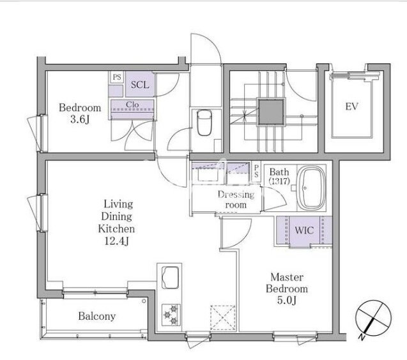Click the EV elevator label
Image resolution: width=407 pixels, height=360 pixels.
coord(351,107)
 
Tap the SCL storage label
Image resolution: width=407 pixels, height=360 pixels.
coord(140,85)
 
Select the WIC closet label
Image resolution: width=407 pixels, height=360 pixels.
coord(304,230)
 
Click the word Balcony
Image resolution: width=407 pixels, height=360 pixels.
coord(97,316)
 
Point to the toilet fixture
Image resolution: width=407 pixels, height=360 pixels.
coord(204,123)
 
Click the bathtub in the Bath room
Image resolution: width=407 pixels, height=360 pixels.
coord(311,188)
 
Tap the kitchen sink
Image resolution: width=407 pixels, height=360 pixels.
coord(170,277)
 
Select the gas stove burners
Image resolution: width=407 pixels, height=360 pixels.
coord(171,315)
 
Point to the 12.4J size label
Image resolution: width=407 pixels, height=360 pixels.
coord(116,241)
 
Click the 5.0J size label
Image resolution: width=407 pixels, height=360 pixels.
coord(287,301)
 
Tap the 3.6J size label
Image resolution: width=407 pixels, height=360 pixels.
coord(80,119)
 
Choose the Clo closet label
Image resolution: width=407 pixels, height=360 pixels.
coord(132,105)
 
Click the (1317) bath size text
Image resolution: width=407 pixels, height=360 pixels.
coord(279,181)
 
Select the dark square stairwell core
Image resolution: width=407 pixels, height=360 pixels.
coord(271,112)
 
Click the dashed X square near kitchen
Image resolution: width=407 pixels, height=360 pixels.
coord(223,318)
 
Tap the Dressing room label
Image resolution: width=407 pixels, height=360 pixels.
coord(236,200)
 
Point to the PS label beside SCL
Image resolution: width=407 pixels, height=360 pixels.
coord(117,77)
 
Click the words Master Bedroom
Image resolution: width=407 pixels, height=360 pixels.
coord(287,283)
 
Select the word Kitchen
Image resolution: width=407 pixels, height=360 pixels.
coord(116,229)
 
